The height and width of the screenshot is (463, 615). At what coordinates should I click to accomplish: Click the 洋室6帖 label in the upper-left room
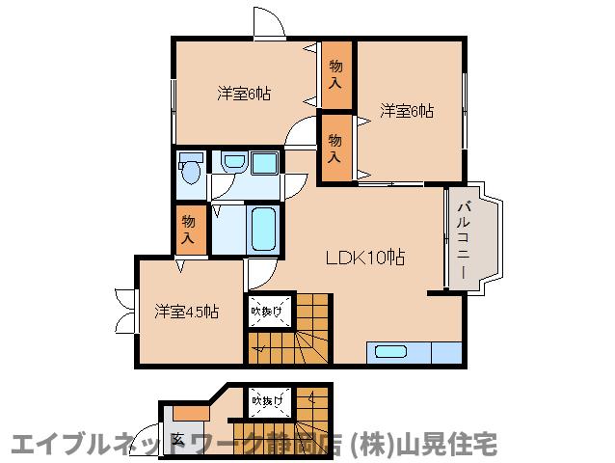(243, 94)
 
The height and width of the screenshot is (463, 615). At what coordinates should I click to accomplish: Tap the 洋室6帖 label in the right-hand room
(406, 111)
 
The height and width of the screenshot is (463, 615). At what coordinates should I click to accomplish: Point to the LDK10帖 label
(363, 258)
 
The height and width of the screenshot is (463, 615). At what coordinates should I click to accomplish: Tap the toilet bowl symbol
(190, 171)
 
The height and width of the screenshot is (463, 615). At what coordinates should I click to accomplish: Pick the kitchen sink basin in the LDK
(390, 352)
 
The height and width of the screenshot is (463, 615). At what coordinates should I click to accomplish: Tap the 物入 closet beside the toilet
(189, 230)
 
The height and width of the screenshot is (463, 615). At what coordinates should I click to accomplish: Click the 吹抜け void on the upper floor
(267, 311)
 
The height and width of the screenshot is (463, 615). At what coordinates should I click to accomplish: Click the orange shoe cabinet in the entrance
(190, 413)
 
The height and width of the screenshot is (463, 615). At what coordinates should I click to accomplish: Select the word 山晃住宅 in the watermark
(460, 445)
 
